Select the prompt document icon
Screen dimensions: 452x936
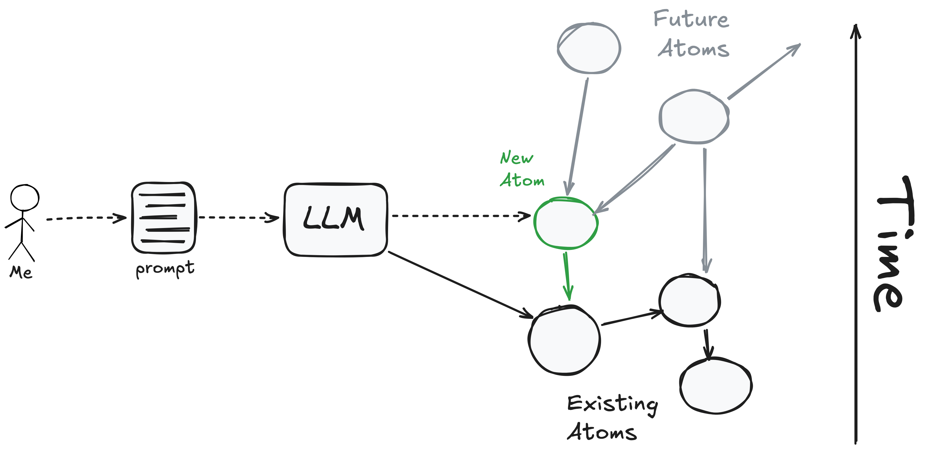tap(164, 218)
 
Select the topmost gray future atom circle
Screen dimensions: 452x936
tap(589, 48)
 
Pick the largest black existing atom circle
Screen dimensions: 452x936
tap(564, 340)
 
